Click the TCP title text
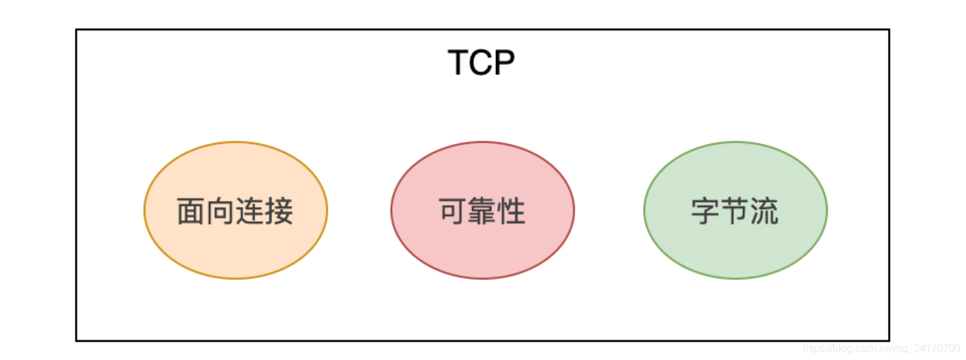coord(482,63)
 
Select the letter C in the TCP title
coord(481,63)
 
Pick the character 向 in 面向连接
coord(221,212)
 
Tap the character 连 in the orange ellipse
coord(250,212)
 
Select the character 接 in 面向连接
coord(279,212)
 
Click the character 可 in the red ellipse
coord(453,212)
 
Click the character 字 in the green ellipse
coord(705,212)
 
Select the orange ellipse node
coord(235,245)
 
